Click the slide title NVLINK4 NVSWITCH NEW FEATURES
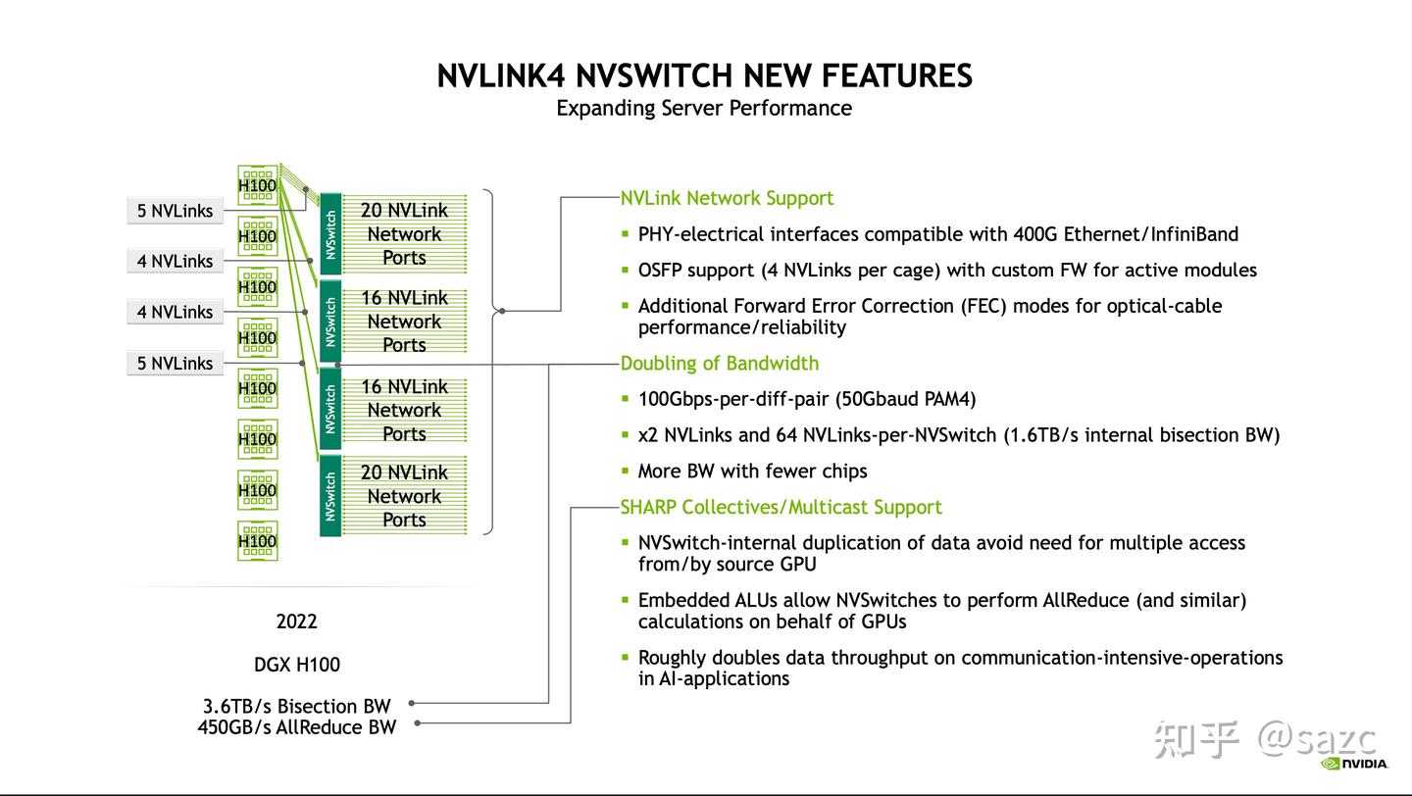coord(704,75)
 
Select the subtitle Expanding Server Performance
coord(704,108)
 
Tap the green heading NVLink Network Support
coord(727,198)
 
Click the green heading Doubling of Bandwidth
coord(719,364)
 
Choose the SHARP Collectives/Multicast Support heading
coord(781,507)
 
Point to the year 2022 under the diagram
coord(296,622)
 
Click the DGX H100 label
coord(296,665)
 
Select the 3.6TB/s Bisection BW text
coord(296,706)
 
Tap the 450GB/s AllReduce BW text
coord(296,727)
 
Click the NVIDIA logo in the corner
coord(1354,764)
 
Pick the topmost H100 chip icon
coord(257,184)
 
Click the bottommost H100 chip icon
coord(257,541)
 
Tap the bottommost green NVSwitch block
coord(330,496)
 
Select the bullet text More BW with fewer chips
coord(752,472)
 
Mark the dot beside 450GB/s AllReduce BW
coord(417,724)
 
